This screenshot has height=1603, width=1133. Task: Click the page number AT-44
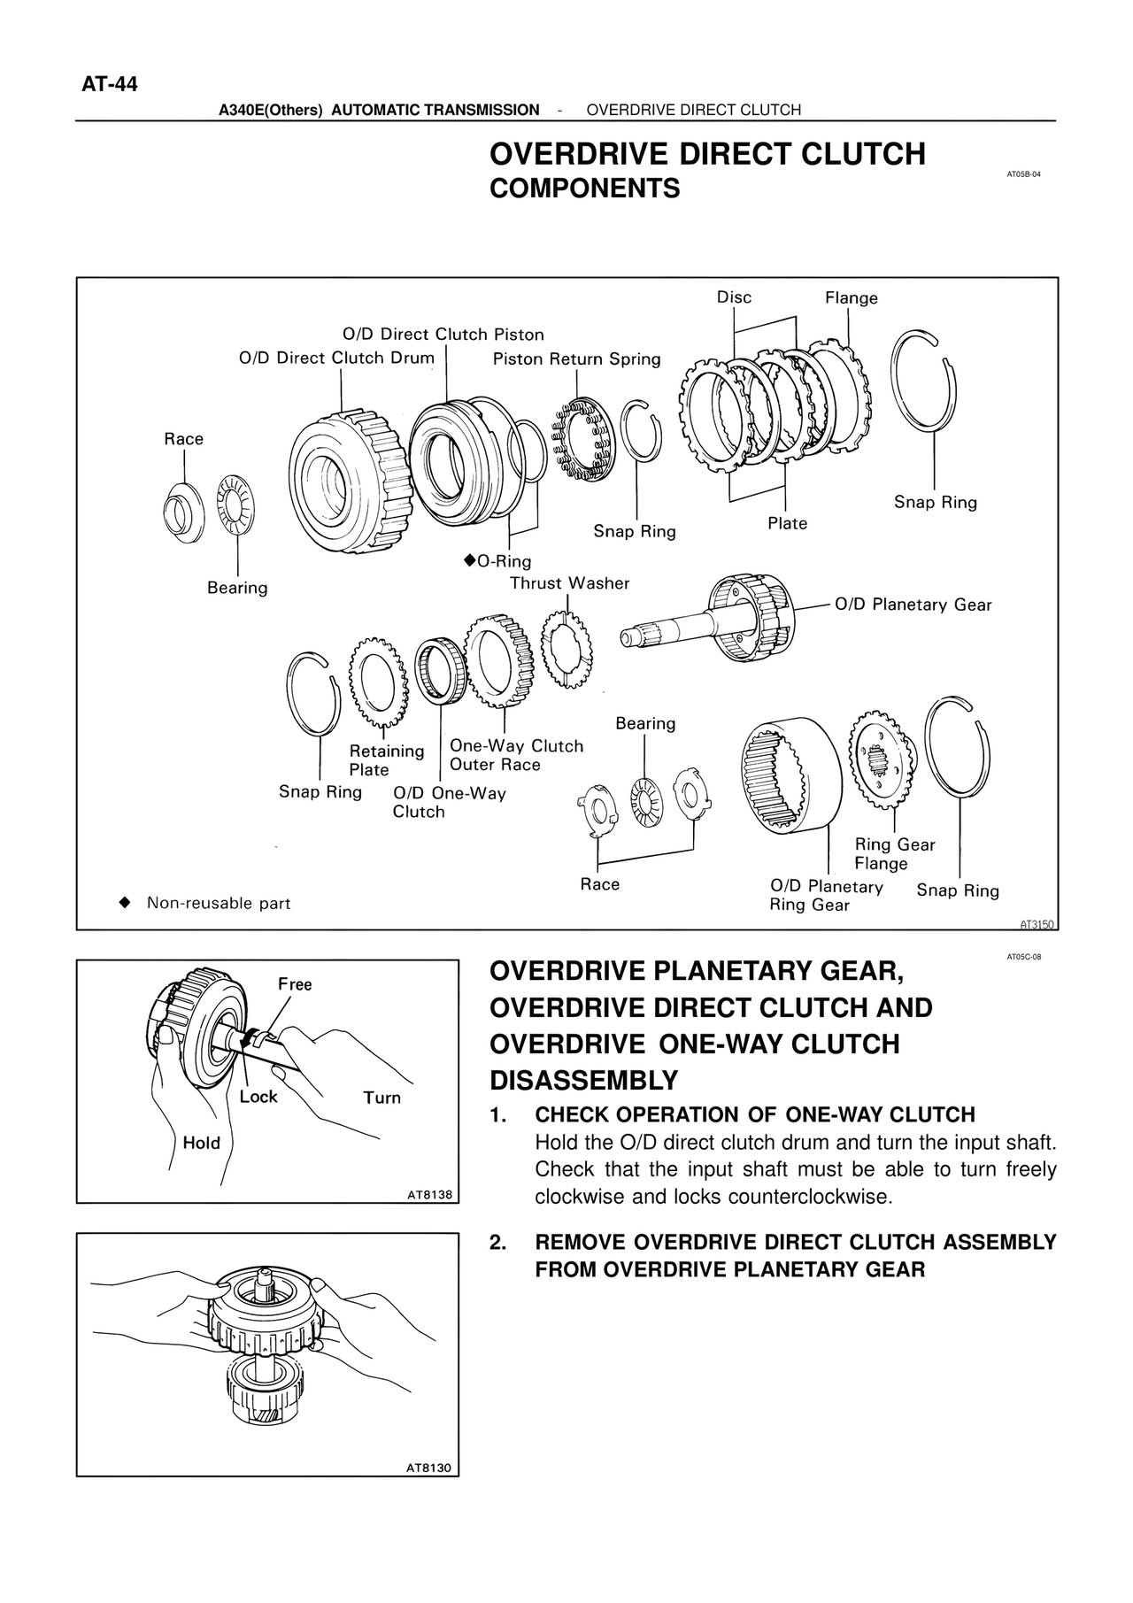(x=110, y=85)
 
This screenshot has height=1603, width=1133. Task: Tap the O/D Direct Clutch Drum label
(x=336, y=358)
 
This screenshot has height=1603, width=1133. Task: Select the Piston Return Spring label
(x=576, y=358)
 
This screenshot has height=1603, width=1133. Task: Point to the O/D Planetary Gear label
(x=913, y=605)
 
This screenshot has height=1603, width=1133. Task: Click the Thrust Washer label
(x=569, y=583)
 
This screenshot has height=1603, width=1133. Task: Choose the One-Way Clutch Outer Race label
(x=516, y=755)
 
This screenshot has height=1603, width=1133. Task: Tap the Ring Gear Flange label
(x=894, y=854)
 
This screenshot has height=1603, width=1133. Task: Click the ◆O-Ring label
(x=497, y=561)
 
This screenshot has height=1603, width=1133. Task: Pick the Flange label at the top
(x=851, y=298)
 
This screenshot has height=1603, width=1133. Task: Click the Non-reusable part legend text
(x=218, y=903)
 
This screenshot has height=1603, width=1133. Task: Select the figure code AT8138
(x=429, y=1195)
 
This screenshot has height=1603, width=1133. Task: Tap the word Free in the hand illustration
(x=295, y=984)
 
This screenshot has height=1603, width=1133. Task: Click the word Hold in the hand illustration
(x=201, y=1143)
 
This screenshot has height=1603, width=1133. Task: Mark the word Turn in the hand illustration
(x=382, y=1098)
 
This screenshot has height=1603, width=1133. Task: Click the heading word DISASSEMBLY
(x=583, y=1081)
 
